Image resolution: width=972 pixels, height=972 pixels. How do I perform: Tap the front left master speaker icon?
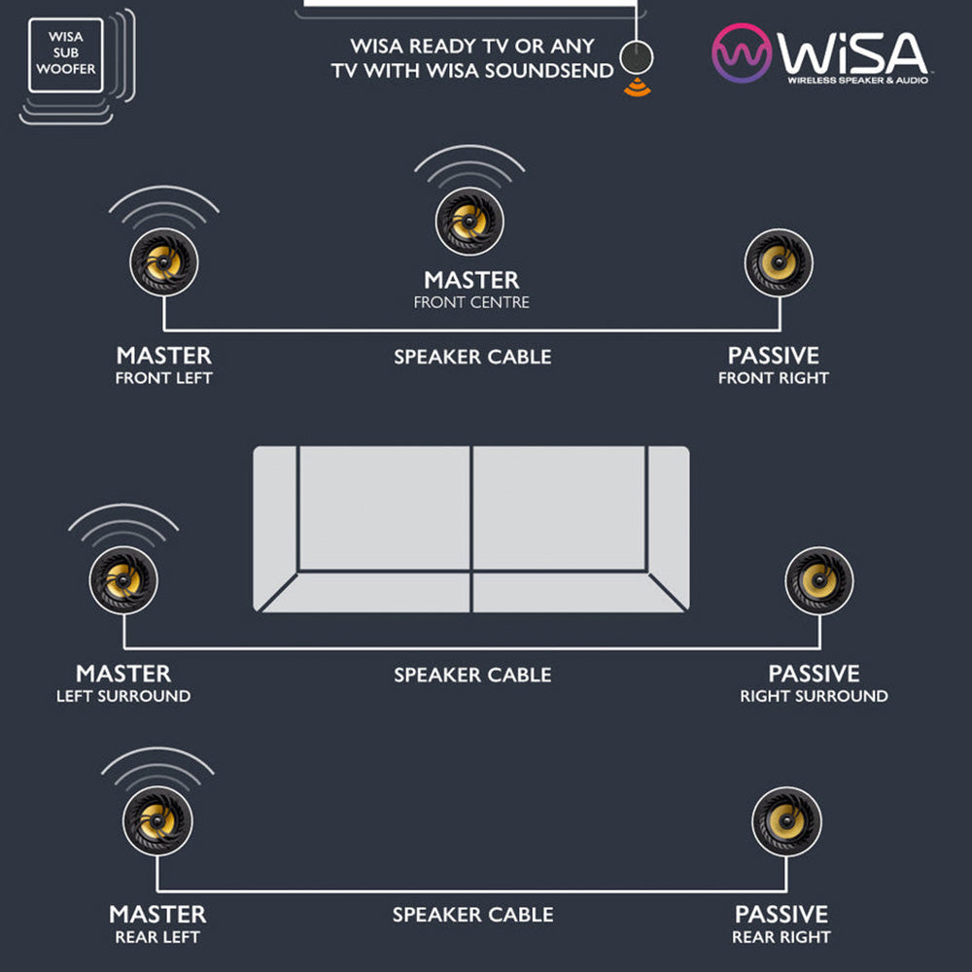pos(163,262)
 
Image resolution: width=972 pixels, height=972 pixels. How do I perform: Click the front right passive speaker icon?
pos(779,262)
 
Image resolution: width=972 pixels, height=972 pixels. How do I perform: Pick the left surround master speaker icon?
pos(123,580)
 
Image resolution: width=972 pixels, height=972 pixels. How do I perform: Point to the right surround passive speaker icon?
pos(818,580)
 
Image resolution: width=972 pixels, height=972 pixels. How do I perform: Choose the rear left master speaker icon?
pos(157,820)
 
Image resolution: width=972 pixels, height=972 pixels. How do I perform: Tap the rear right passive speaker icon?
pos(786,820)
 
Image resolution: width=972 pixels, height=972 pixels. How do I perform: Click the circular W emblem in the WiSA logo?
pos(742,53)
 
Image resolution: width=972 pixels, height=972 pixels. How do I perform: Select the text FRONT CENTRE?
pos(471,302)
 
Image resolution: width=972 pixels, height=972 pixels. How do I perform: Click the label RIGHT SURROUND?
pos(814,696)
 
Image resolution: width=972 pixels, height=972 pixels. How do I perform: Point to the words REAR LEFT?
pos(157,937)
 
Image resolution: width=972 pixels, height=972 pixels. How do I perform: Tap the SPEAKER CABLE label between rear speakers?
pos(472,915)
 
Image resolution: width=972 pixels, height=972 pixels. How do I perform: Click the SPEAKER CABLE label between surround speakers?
pos(472,675)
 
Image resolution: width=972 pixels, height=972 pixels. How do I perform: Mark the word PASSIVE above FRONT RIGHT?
pos(773,356)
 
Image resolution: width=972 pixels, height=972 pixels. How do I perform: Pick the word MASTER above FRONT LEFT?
pos(163,356)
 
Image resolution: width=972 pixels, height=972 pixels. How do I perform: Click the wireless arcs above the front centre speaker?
pos(469,165)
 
